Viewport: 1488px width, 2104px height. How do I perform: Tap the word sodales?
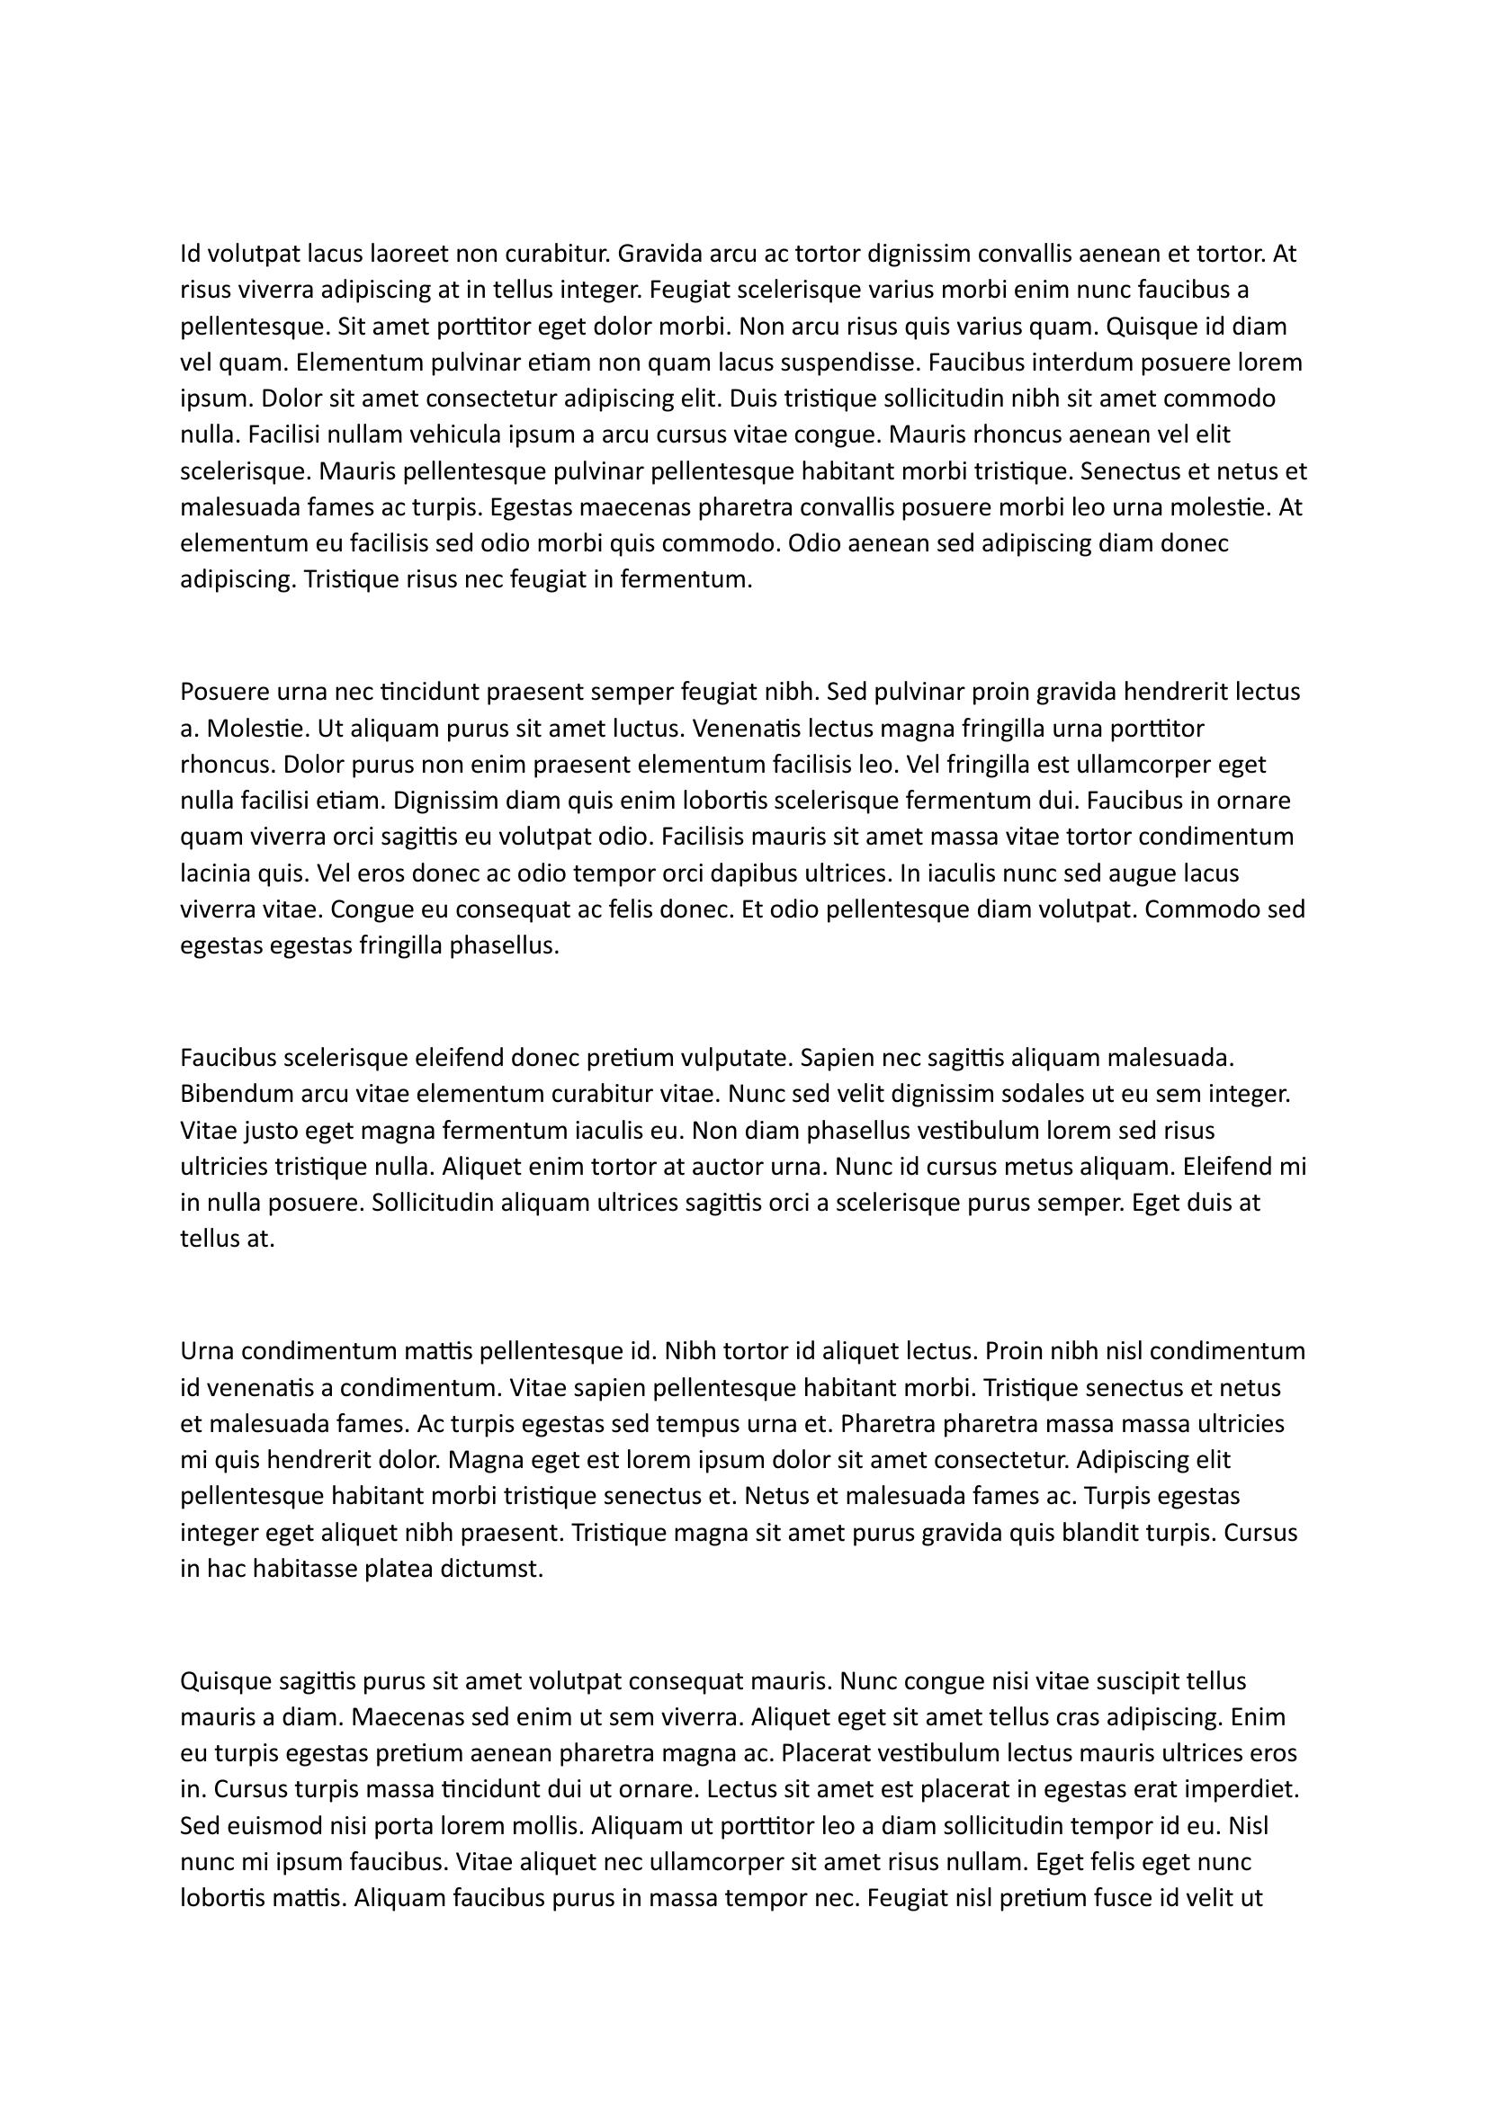1043,1094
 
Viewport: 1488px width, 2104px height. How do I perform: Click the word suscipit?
1136,1680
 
